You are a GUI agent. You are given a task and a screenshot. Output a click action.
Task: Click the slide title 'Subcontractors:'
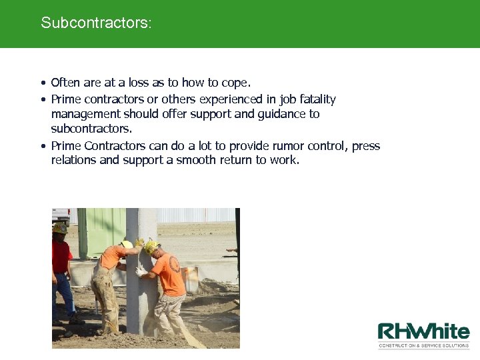point(96,23)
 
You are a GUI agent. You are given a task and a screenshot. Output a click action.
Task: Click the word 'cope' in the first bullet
point(234,83)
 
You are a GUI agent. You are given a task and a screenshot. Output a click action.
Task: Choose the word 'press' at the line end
point(366,146)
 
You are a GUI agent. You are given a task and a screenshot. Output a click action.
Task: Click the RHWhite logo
point(423,332)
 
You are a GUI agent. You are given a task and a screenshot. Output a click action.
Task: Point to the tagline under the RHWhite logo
point(424,345)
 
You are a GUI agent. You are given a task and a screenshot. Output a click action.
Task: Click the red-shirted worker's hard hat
point(60,228)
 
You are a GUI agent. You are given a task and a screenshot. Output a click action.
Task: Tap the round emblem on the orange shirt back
point(175,263)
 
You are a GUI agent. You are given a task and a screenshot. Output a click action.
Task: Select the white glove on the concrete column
point(141,272)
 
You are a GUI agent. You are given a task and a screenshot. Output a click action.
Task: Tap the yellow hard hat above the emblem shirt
point(151,247)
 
